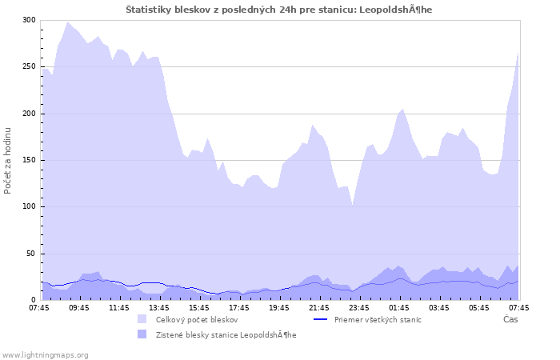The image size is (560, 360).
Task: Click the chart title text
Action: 279,9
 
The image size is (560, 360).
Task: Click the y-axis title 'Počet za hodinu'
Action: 9,160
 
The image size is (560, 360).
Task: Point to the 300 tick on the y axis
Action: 29,20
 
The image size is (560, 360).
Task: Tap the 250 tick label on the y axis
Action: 29,66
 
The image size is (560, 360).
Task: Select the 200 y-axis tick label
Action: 29,114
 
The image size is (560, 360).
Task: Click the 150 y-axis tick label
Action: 29,160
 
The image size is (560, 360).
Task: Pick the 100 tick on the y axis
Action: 29,206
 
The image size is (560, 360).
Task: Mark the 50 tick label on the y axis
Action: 31,254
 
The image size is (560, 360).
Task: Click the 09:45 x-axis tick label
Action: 79,307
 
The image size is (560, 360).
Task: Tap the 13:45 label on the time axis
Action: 159,307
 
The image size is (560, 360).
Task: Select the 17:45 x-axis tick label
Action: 239,307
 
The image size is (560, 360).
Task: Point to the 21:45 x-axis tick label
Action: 319,307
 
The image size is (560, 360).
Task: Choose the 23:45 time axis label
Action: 359,307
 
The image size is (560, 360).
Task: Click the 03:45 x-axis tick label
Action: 439,307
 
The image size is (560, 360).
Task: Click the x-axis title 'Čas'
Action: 510,319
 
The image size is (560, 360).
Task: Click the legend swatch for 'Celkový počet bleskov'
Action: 141,319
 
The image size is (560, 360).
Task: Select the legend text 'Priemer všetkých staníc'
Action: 378,319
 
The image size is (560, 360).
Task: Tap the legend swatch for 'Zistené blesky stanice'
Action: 141,334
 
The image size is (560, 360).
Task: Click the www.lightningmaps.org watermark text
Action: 45,354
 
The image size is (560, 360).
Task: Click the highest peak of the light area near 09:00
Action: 68,22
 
